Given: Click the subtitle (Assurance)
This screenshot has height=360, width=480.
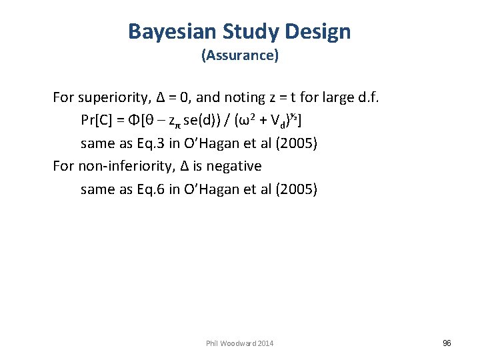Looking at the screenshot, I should pyautogui.click(x=239, y=55).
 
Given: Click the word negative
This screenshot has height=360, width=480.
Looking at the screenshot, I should pyautogui.click(x=236, y=165).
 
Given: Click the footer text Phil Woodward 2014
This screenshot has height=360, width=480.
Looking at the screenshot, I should pyautogui.click(x=239, y=343).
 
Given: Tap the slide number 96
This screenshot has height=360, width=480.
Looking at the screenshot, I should pyautogui.click(x=447, y=343).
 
